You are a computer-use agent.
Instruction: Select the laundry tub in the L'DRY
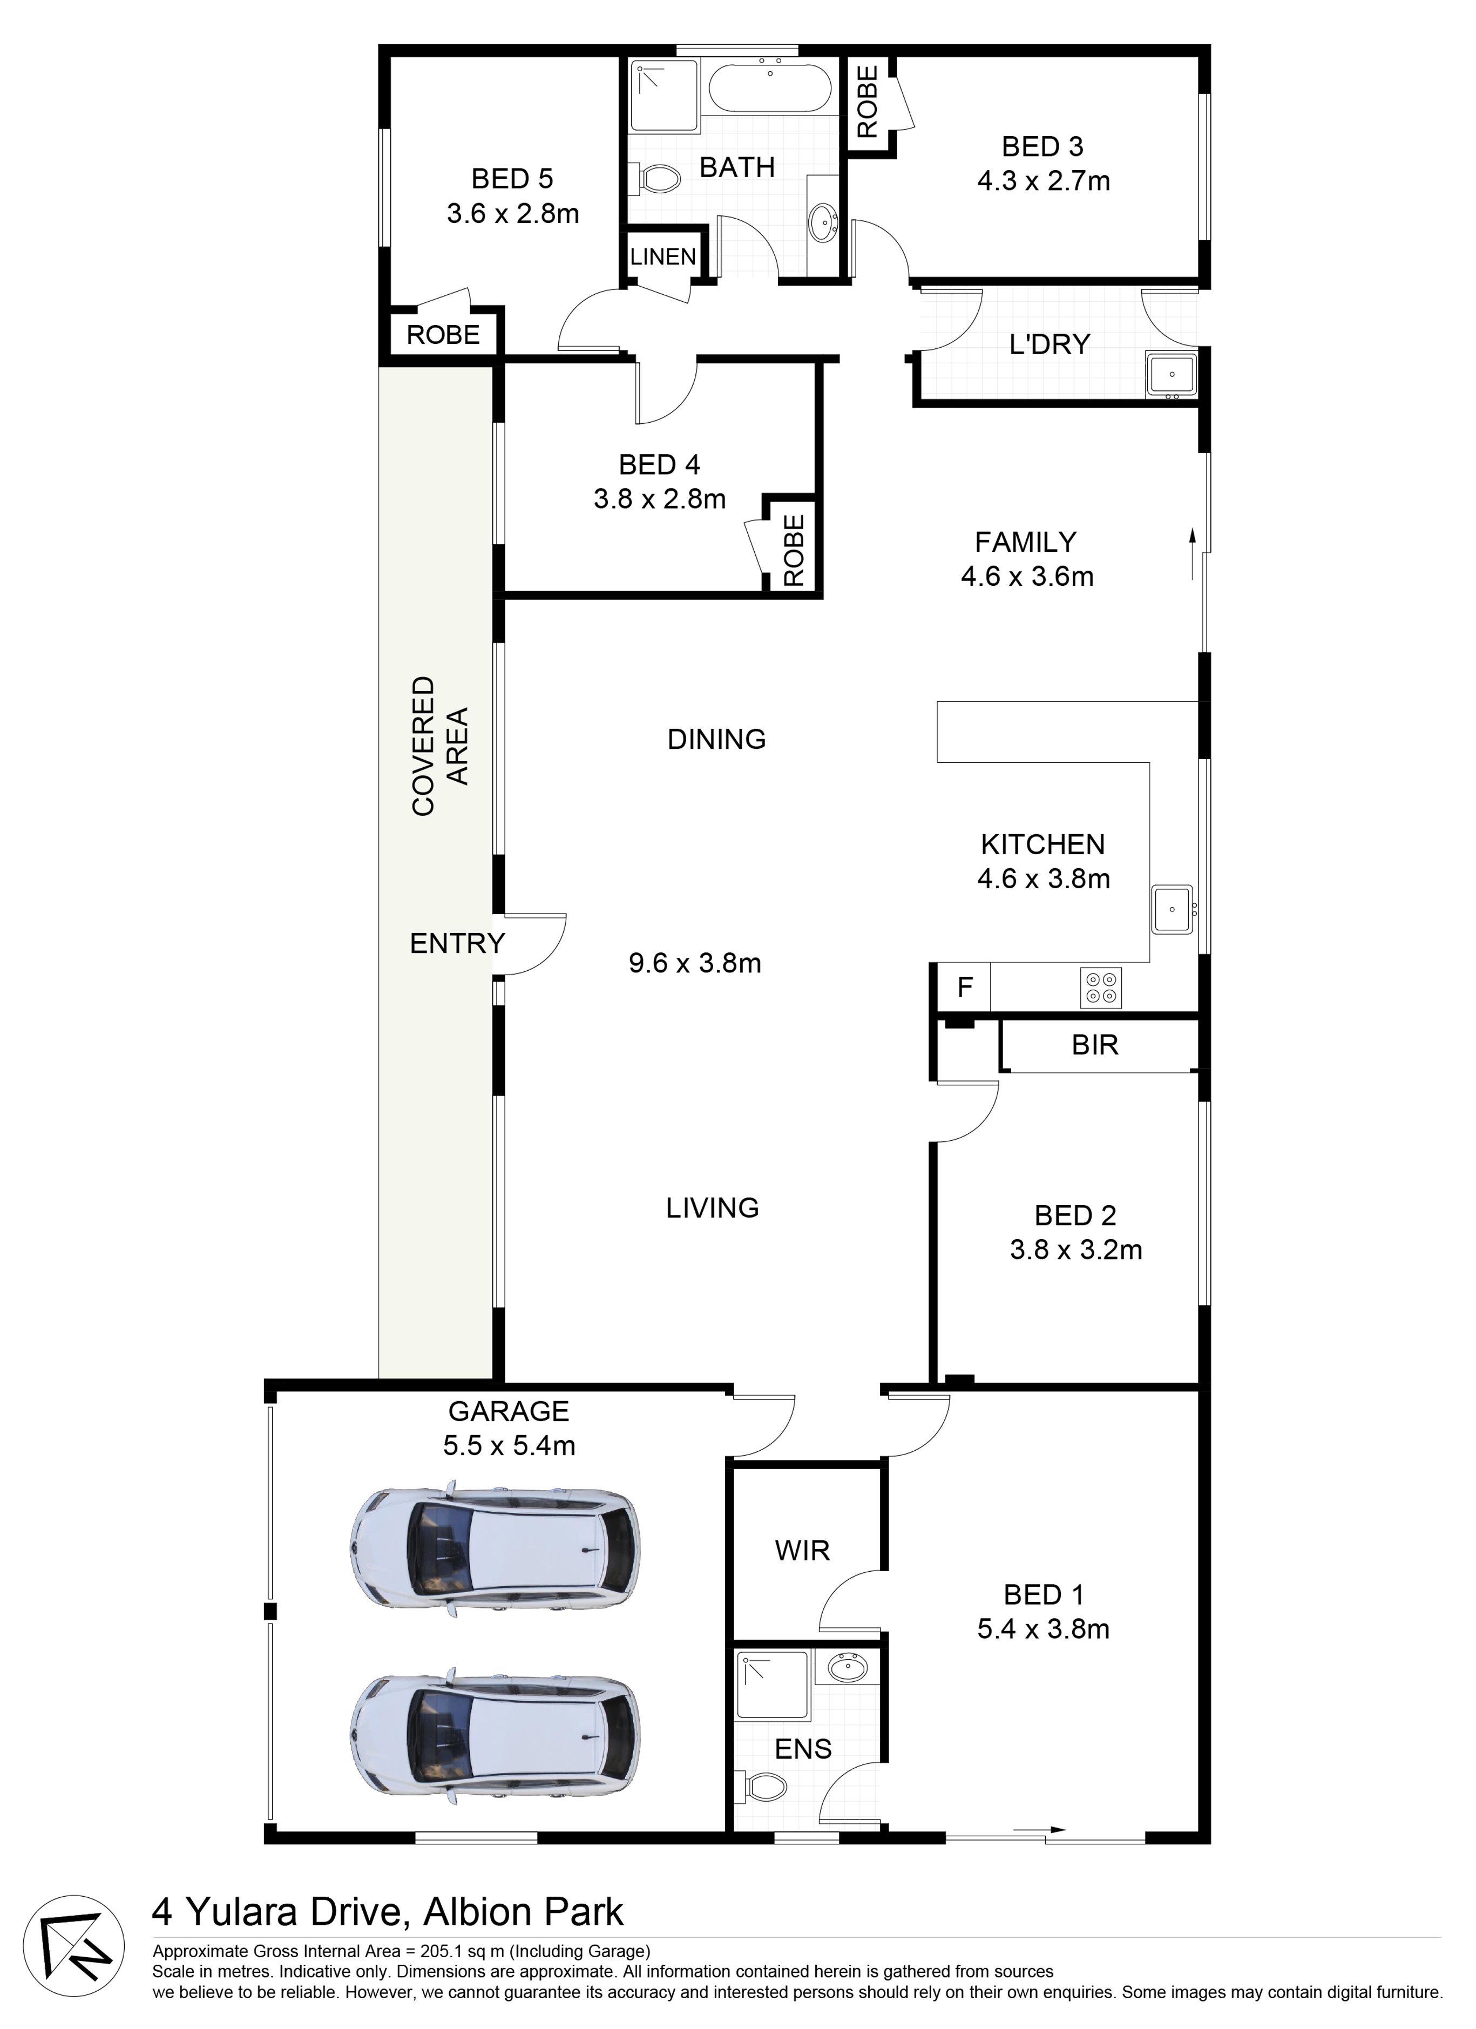click(x=1172, y=374)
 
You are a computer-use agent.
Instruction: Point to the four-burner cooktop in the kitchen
click(x=1101, y=988)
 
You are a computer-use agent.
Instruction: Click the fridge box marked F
click(x=964, y=988)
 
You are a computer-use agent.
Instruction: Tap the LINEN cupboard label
click(x=663, y=257)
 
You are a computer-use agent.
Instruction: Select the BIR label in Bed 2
click(x=1095, y=1045)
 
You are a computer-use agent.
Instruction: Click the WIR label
click(x=802, y=1551)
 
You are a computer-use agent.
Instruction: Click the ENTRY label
click(x=457, y=943)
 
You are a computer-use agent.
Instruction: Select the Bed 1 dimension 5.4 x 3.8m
click(x=1043, y=1628)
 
